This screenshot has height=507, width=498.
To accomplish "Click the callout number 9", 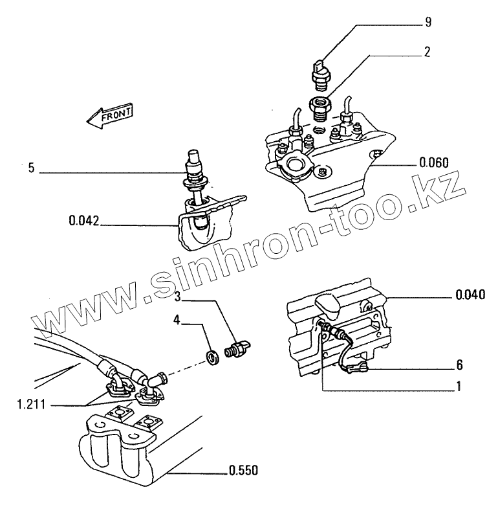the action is [x=428, y=23].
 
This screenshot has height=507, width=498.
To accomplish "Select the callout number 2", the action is [x=428, y=52].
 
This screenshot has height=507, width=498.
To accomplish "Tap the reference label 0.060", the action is [x=434, y=162].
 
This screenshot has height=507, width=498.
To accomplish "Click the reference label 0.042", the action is [x=83, y=221].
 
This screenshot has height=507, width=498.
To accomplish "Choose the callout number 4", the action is [x=177, y=319].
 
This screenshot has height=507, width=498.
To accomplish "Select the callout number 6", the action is [x=460, y=365].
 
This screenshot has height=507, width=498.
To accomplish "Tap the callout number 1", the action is [x=459, y=387].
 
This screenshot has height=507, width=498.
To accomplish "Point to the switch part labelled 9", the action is [x=321, y=73].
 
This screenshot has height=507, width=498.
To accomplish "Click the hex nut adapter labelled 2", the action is [x=319, y=106].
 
